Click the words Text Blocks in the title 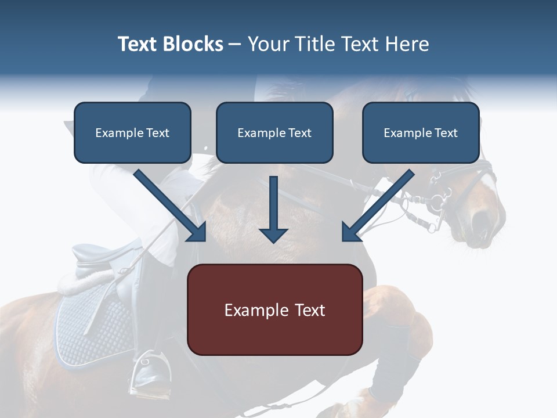[x=170, y=44]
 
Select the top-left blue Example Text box [x=132, y=132]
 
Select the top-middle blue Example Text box [x=274, y=132]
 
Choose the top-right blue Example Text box [x=421, y=132]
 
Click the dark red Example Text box [x=274, y=309]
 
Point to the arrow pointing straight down [x=273, y=212]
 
